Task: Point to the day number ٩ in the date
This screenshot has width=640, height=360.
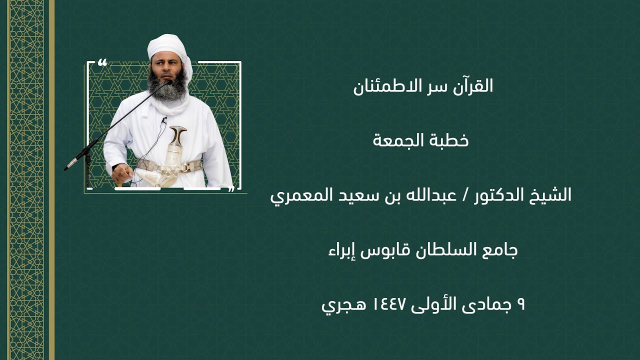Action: (520, 304)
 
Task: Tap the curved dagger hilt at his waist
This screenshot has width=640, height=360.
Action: (177, 135)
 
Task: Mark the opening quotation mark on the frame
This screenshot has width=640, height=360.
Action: (102, 62)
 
